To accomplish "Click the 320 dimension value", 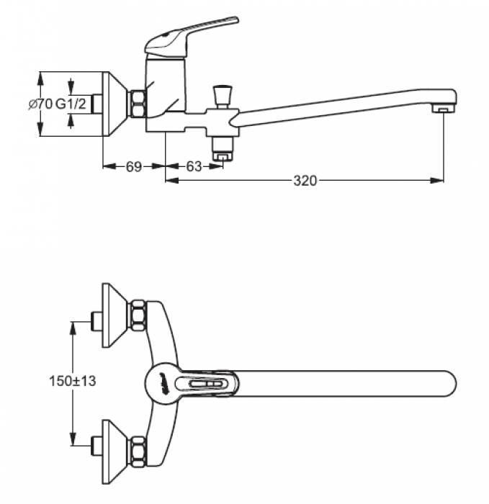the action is (305, 180).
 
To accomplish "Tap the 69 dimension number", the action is (133, 166).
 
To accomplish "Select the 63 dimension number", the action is (194, 166).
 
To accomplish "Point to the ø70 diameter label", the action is (40, 104).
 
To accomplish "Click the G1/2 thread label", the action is (71, 104).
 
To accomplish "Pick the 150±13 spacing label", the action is (72, 381).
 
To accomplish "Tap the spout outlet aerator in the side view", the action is (444, 109).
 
